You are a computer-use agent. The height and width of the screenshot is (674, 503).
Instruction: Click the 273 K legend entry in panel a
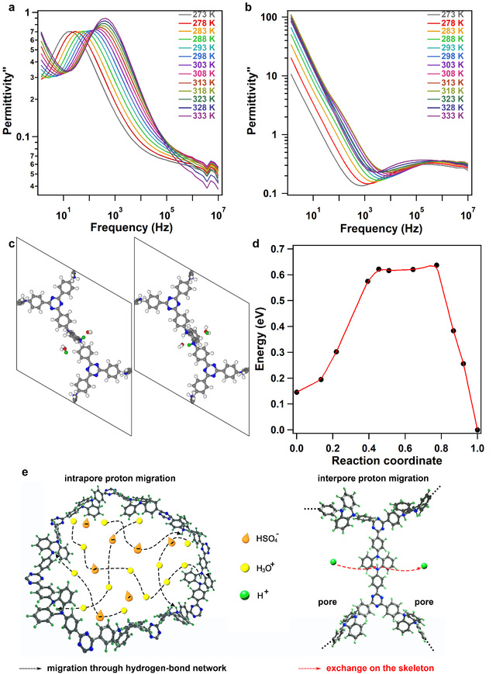(208, 15)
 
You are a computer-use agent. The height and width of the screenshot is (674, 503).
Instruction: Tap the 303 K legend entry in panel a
(208, 65)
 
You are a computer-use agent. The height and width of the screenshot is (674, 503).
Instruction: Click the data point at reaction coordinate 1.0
(477, 430)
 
